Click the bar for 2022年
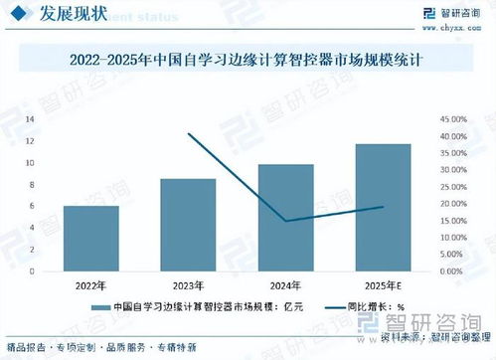(90, 239)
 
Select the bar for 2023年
(188, 225)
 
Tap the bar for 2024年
(285, 218)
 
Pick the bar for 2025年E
(383, 208)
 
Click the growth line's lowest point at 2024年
(285, 221)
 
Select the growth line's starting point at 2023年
(188, 133)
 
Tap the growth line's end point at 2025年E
(383, 207)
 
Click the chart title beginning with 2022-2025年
(248, 61)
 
